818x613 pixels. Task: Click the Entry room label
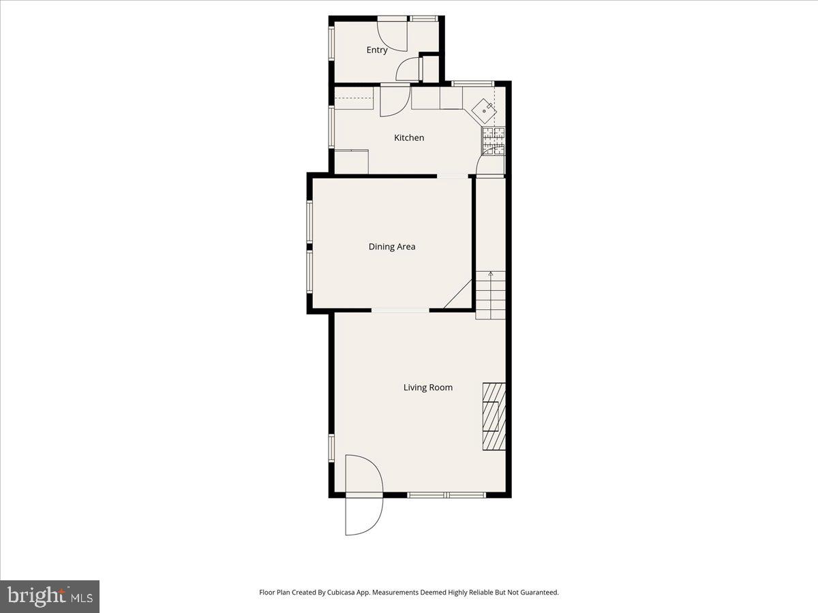click(x=377, y=50)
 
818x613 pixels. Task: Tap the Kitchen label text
click(x=409, y=138)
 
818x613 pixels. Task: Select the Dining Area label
click(x=392, y=247)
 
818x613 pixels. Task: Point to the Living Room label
click(x=428, y=388)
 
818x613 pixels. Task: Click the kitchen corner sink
click(x=485, y=108)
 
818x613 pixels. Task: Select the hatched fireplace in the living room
click(x=494, y=416)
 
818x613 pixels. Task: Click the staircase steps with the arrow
click(x=491, y=294)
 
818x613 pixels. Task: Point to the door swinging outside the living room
click(x=364, y=516)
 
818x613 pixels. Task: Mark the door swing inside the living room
click(x=363, y=474)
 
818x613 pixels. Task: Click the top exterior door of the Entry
click(x=393, y=34)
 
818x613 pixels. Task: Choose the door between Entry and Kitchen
click(x=394, y=99)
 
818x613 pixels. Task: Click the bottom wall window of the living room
click(x=446, y=494)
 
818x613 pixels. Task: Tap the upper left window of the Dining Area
click(x=309, y=221)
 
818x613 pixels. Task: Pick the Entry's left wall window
click(x=332, y=43)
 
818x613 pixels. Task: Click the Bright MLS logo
click(x=50, y=596)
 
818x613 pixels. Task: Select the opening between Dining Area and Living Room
click(x=400, y=311)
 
